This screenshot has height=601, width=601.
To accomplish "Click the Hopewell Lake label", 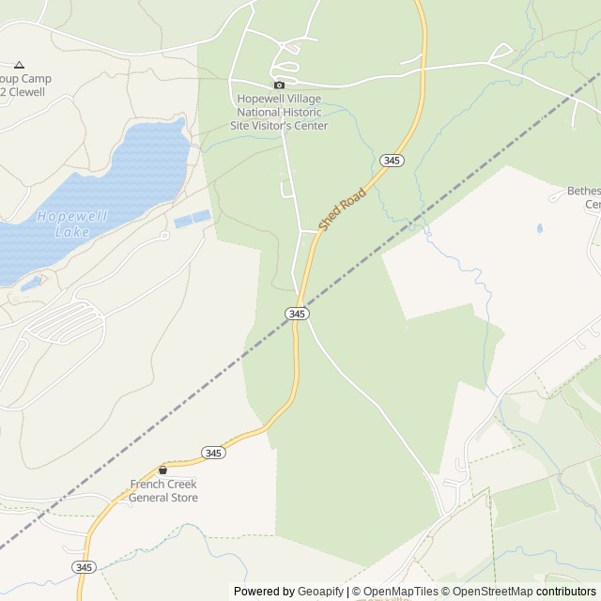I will (71, 223).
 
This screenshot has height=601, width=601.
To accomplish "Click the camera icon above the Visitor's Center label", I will (278, 85).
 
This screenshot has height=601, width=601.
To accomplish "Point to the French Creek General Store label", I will (163, 490).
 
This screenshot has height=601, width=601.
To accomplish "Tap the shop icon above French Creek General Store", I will (162, 470).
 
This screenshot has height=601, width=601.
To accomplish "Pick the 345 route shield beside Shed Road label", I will (392, 162).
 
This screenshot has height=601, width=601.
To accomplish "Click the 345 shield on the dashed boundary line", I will (296, 314).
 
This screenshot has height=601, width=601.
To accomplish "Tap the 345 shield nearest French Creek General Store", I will (213, 453).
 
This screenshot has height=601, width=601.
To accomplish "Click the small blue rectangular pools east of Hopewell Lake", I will (192, 219).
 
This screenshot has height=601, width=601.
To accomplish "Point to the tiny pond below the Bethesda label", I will (539, 228).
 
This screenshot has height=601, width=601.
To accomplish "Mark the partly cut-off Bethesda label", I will (583, 197).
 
